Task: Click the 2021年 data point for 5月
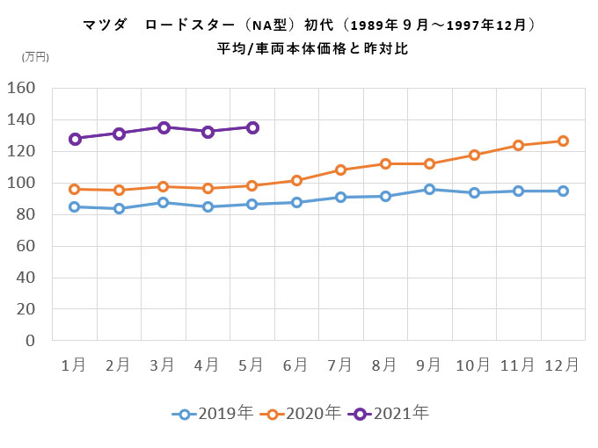(252, 127)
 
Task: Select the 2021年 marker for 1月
(75, 139)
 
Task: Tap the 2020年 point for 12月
(563, 141)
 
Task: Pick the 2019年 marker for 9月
(430, 189)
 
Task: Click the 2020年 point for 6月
(296, 180)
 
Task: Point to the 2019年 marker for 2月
(119, 208)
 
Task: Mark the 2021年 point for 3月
(164, 127)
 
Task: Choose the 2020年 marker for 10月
(474, 155)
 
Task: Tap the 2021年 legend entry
(388, 412)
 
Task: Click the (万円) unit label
(35, 56)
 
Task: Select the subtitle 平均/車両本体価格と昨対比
(313, 49)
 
